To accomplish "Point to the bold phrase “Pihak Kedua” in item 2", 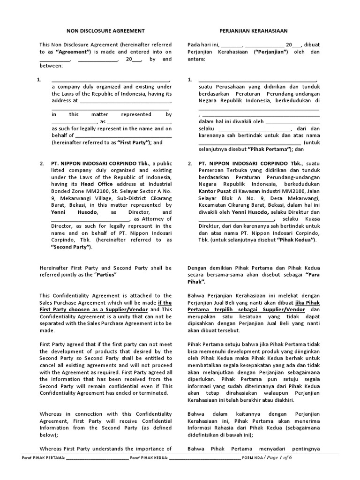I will coord(297,240).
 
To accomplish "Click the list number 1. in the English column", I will coord(40,80).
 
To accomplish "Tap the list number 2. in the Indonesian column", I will coord(190,163).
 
